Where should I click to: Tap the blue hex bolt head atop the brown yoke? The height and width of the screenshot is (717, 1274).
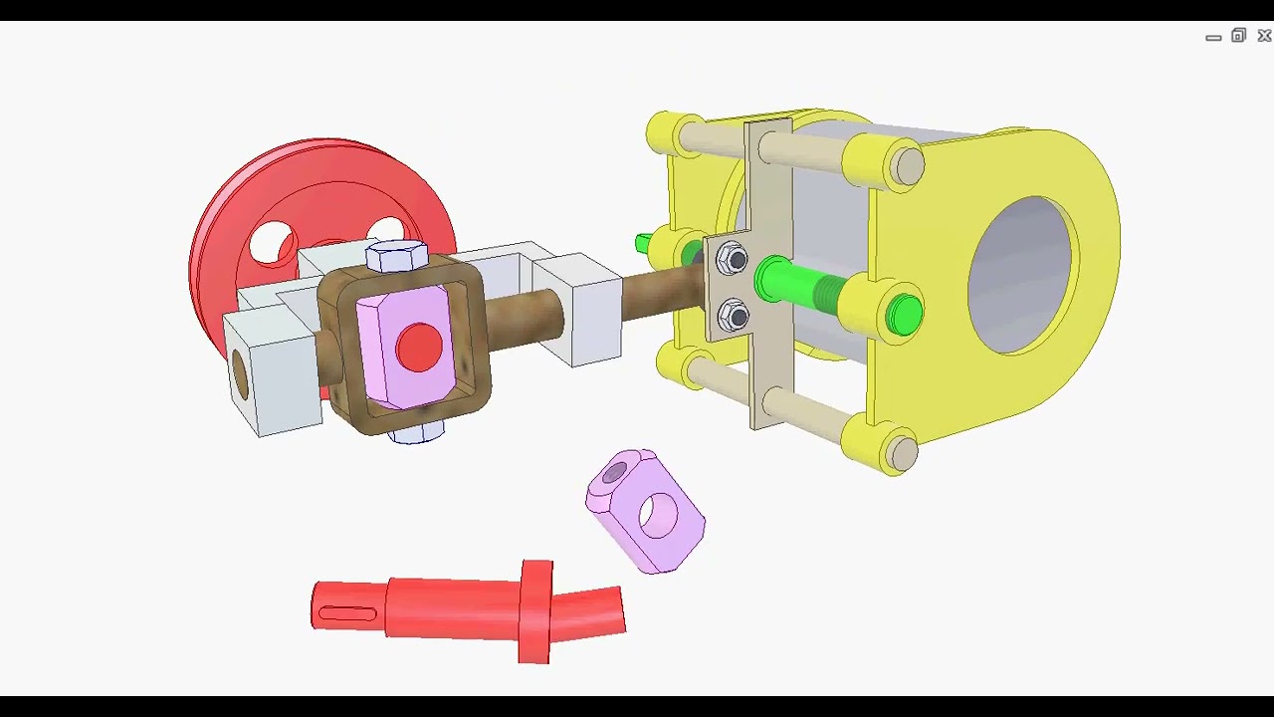[x=397, y=257]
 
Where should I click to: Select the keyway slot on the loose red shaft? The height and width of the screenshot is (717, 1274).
[x=346, y=613]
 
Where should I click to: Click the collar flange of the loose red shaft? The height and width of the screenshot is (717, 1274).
[x=535, y=610]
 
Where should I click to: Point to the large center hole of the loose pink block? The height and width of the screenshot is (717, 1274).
[x=658, y=515]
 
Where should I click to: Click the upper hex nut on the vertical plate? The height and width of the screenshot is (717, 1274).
[x=734, y=261]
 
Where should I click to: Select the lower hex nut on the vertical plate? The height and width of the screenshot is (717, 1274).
[x=734, y=317]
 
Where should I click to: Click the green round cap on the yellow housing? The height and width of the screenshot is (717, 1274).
[x=904, y=315]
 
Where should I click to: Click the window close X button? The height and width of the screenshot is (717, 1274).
[x=1264, y=36]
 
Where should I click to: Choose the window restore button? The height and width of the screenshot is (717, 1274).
[x=1238, y=36]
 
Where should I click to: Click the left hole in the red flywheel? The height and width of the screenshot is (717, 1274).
[x=272, y=245]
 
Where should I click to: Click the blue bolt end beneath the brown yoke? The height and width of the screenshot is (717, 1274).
[x=416, y=433]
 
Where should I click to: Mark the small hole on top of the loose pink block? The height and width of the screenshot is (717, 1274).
[x=614, y=471]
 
